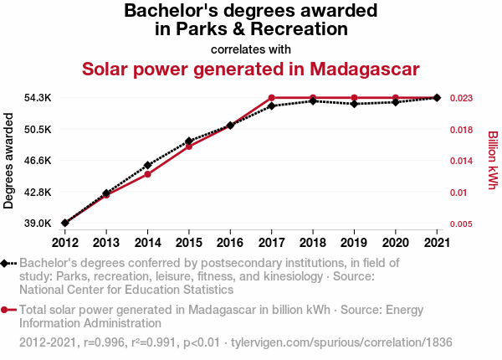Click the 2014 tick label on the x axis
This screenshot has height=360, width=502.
(147, 243)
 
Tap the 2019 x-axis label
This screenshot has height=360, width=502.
(355, 243)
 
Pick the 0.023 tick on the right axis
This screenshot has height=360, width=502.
(461, 98)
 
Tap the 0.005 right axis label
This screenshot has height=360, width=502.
(461, 224)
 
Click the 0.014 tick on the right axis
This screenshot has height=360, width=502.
(461, 160)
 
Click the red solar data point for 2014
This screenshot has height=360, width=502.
(147, 174)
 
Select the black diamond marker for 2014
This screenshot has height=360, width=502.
(147, 165)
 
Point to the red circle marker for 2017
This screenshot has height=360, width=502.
(272, 98)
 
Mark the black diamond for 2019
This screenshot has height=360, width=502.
(355, 104)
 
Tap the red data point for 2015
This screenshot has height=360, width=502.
(189, 147)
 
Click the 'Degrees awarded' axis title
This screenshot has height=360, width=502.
(9, 161)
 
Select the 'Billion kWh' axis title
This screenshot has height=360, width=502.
(492, 160)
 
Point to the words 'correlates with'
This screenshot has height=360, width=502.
(251, 48)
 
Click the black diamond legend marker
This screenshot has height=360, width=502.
(6, 263)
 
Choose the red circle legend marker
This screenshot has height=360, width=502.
(6, 309)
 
